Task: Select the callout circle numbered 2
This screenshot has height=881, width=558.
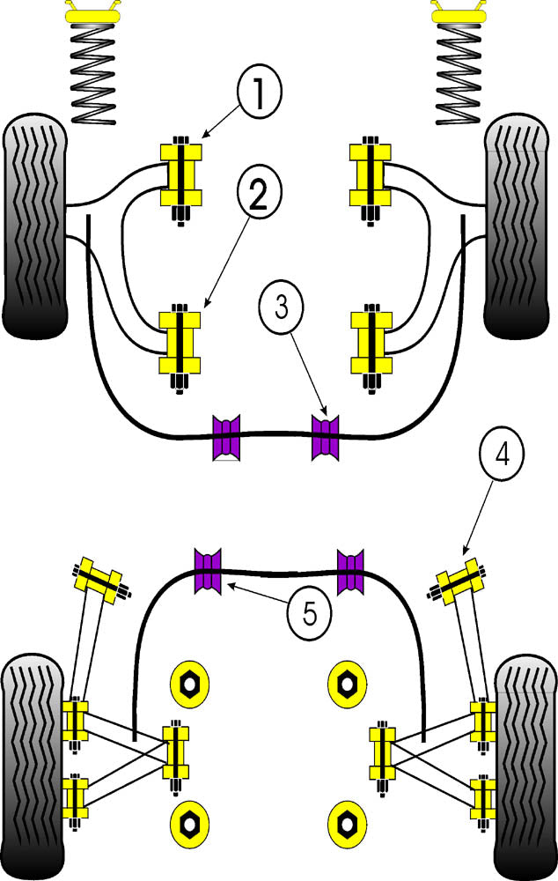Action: (x=257, y=196)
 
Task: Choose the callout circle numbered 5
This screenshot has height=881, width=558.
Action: (x=309, y=612)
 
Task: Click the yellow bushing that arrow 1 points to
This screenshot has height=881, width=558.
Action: (x=180, y=173)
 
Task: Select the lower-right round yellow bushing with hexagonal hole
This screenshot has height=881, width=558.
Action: (x=345, y=824)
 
